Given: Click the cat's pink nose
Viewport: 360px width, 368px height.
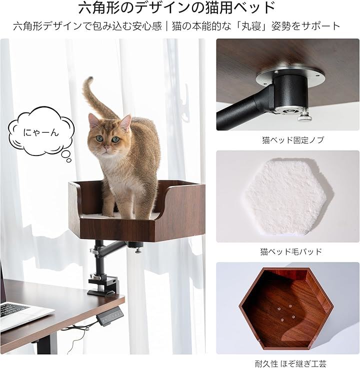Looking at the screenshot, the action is click(x=107, y=147).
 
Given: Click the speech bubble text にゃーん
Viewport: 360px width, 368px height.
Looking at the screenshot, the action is click(x=41, y=132).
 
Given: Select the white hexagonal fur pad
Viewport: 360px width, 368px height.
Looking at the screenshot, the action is click(x=289, y=197).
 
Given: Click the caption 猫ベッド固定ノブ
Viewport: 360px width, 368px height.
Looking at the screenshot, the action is click(x=292, y=140).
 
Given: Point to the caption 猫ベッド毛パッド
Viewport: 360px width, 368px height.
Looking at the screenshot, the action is click(x=291, y=251).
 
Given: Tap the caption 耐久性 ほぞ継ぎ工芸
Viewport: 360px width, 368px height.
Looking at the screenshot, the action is click(x=290, y=363).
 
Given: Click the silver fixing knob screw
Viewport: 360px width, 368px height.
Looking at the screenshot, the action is click(x=304, y=116).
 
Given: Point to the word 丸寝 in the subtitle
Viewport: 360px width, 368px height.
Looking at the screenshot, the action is click(x=251, y=26).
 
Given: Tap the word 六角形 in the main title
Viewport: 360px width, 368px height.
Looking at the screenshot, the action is click(x=100, y=8).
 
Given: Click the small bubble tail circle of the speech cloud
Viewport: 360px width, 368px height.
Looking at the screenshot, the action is click(x=69, y=160).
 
